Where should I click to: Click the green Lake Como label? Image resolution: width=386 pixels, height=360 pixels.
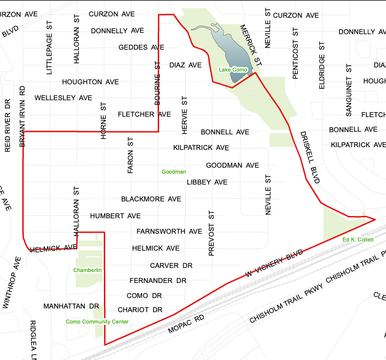coord(233,70)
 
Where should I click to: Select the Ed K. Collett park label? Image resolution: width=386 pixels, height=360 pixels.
coord(358,240)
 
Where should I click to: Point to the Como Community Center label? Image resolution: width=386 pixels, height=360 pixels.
coord(97,322)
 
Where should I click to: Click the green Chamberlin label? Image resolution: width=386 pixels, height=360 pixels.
coord(87,270)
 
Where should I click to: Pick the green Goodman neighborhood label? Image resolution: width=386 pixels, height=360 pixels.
coord(174,172)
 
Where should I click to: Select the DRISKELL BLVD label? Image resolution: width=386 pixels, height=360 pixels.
coord(310,158)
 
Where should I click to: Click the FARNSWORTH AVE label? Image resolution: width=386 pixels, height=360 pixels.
coord(169,231)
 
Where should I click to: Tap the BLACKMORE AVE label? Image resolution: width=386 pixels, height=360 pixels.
coord(151,199)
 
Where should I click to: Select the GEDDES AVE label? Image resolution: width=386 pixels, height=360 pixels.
coord(141,47)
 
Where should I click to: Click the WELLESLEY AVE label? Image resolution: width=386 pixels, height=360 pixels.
coord(63,98)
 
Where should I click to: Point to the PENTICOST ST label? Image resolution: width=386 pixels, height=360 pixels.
coord(295,53)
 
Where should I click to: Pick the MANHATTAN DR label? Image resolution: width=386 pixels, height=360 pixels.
coord(71,306)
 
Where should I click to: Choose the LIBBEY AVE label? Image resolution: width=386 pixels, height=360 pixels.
coord(207,182)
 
